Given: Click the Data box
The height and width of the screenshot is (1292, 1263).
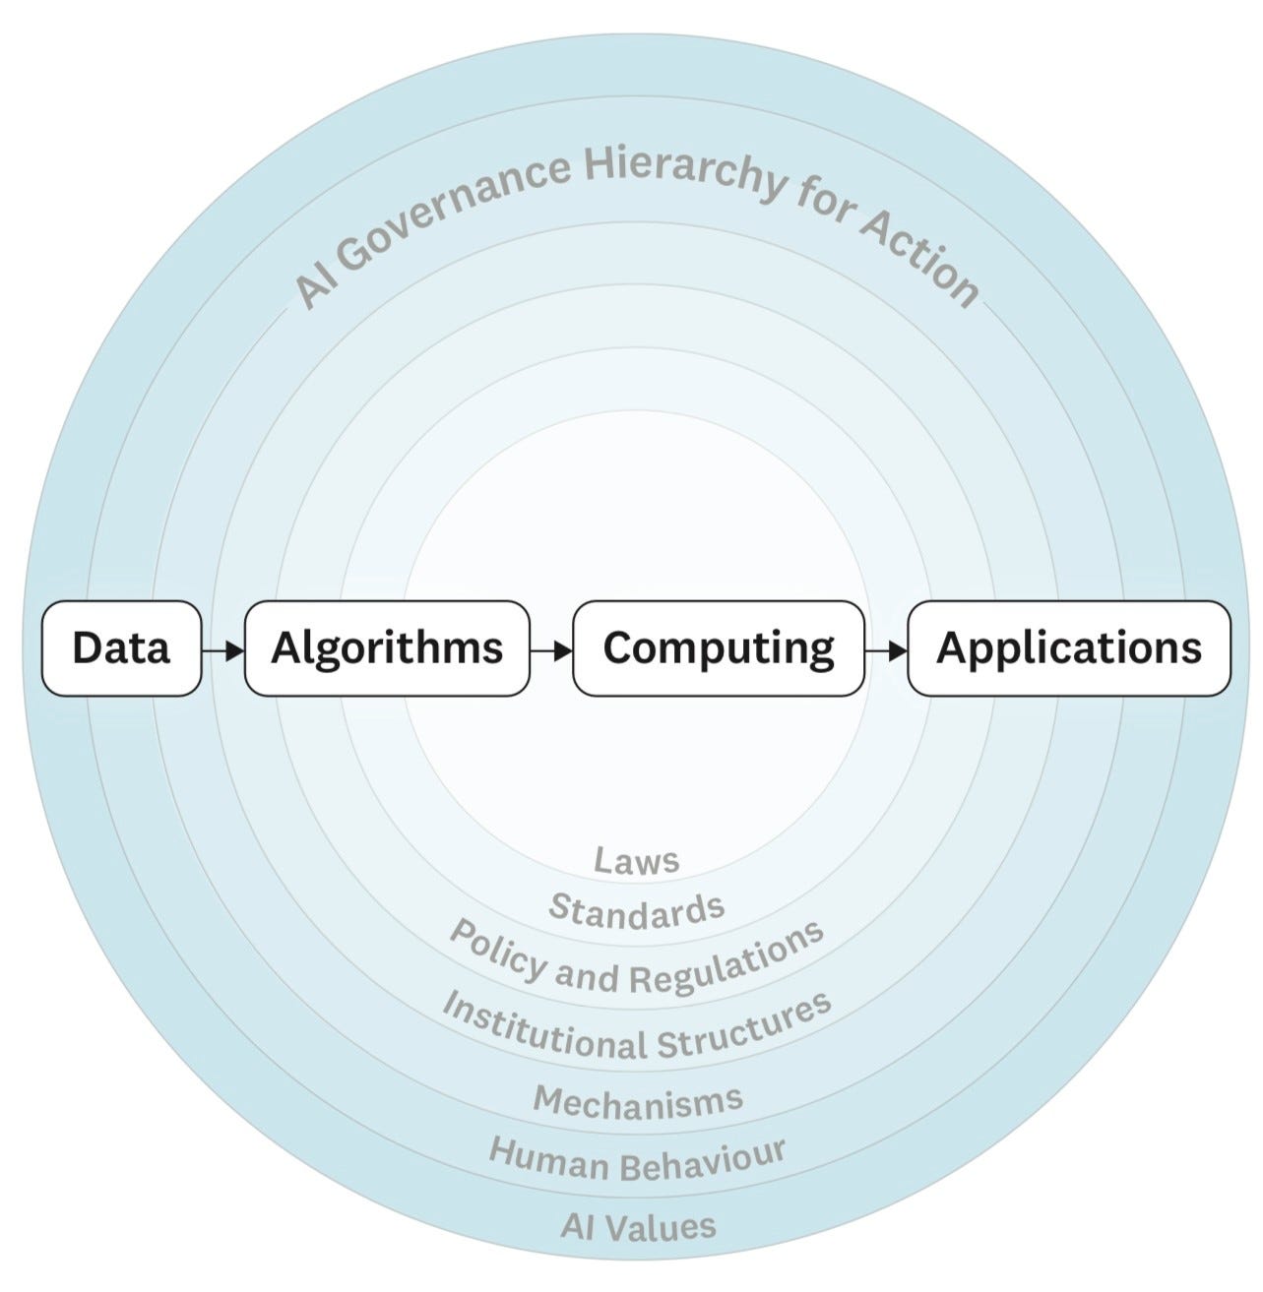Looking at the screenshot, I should coord(121,648).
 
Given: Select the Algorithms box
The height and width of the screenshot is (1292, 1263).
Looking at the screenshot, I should coord(387,648).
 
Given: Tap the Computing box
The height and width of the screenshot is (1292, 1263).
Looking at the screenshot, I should coord(719,648).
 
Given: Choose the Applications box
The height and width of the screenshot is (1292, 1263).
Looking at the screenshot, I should coord(1068,648).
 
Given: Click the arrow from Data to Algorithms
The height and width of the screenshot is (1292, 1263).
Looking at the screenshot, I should coord(222,649).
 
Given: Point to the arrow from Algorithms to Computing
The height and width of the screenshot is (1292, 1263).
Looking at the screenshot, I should coord(551,649).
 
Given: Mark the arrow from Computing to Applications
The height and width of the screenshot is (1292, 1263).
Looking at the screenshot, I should coord(886,649).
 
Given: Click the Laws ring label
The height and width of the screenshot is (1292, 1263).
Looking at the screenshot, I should coord(637,861).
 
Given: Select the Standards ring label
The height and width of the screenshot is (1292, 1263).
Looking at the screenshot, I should coord(637,909).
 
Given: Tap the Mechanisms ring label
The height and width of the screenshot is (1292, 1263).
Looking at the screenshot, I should coord(638,1101).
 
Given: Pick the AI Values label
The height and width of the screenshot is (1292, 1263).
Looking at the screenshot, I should coord(638,1226).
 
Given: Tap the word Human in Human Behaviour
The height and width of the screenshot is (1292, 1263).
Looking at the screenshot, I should coord(548,1159).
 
